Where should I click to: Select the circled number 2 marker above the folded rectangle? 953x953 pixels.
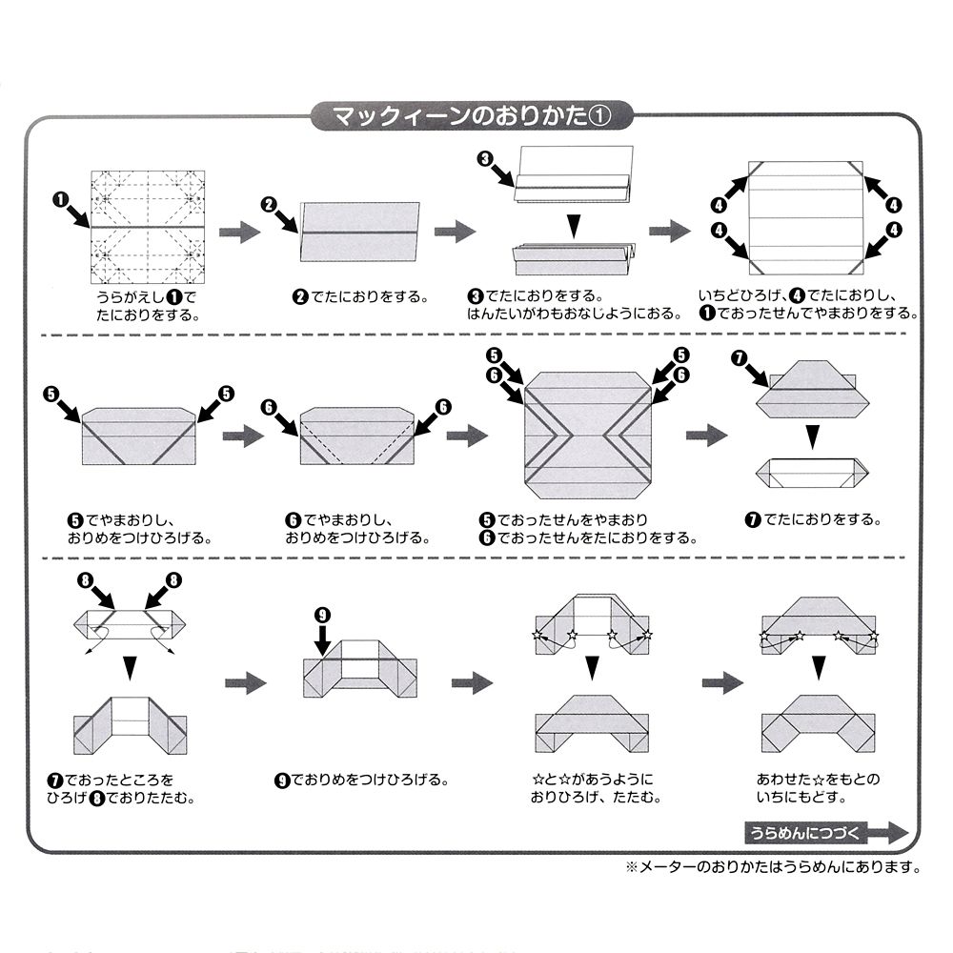click(x=269, y=204)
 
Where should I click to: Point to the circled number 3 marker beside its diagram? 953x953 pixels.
click(x=486, y=159)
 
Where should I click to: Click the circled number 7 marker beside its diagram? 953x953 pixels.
click(x=739, y=357)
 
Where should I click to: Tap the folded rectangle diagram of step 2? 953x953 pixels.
click(x=359, y=231)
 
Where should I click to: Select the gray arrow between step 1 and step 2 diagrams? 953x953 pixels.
click(x=239, y=232)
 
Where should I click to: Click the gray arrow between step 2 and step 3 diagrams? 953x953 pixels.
click(x=455, y=231)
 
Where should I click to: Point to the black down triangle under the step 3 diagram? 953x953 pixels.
click(x=572, y=225)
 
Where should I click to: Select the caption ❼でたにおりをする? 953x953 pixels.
click(x=813, y=519)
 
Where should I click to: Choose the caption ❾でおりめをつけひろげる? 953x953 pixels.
click(x=360, y=780)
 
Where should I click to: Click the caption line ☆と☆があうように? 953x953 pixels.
click(x=592, y=779)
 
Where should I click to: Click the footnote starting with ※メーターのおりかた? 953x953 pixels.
click(x=773, y=867)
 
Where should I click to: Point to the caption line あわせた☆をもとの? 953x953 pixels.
click(x=818, y=779)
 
